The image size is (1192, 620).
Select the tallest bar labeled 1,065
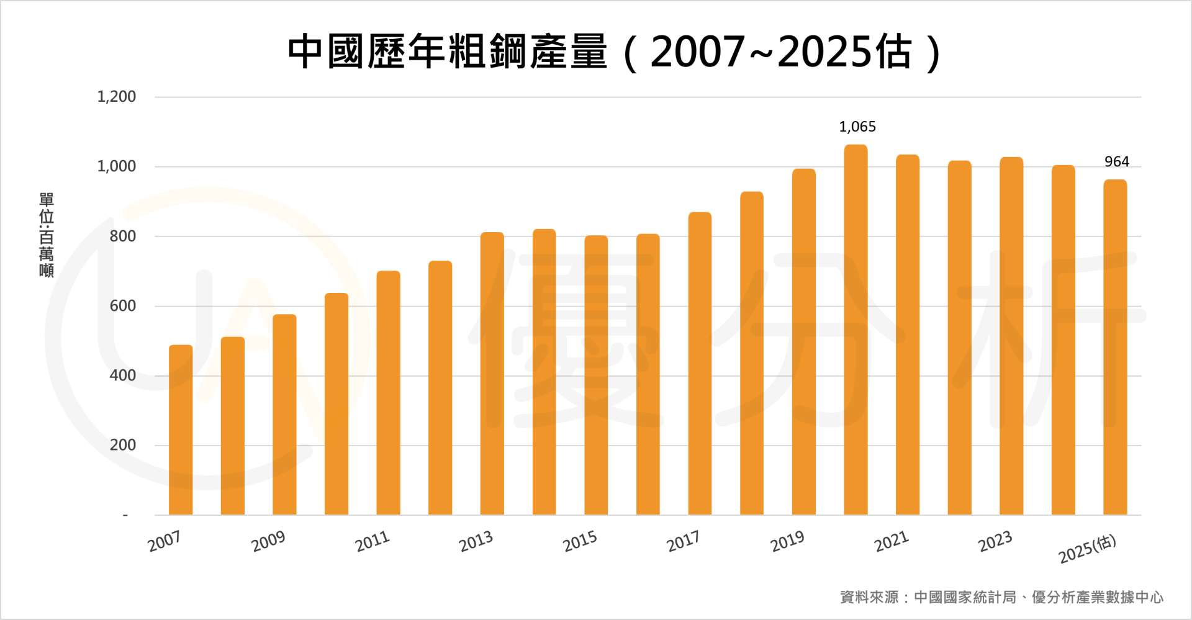[x=856, y=330]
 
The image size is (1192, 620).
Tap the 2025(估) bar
[x=1115, y=347]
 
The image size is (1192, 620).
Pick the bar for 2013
[x=492, y=373]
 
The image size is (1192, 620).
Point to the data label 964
[x=1116, y=162]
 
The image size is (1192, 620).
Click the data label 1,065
[x=857, y=127]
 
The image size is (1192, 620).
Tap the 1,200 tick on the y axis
[x=116, y=97]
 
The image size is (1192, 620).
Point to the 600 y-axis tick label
[x=122, y=306]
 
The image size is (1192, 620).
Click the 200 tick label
[x=122, y=445]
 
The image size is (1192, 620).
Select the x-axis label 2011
[x=372, y=541]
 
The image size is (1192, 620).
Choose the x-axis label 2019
[x=787, y=541]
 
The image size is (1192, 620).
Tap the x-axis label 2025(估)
[x=1086, y=549]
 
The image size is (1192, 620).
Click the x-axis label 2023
[x=995, y=541]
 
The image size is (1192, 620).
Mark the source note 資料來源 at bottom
[x=1001, y=597]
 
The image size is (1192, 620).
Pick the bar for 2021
[x=907, y=335]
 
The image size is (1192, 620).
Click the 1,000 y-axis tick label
[x=116, y=166]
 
